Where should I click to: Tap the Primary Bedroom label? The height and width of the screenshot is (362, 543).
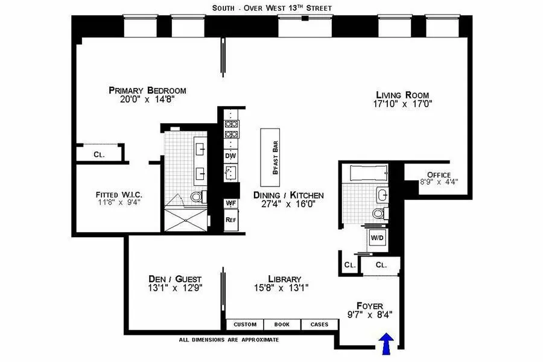point(147,91)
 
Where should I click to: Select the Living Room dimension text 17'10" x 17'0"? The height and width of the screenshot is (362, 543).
point(404,104)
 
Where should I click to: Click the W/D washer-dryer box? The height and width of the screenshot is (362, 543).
point(378,238)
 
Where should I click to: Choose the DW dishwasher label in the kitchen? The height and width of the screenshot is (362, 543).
point(230,155)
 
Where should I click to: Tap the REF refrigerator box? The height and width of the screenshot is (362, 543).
point(230,220)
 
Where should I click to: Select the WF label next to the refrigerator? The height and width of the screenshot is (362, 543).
point(230,203)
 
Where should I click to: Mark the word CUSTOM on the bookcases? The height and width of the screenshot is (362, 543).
point(245,325)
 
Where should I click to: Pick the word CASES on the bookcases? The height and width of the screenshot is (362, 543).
point(319,325)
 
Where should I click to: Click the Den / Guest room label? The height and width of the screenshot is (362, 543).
point(175,279)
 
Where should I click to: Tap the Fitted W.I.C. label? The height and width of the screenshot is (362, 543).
point(118,195)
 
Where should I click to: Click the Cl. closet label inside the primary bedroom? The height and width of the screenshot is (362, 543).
point(99,154)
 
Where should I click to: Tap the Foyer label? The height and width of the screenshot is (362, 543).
point(370,306)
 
